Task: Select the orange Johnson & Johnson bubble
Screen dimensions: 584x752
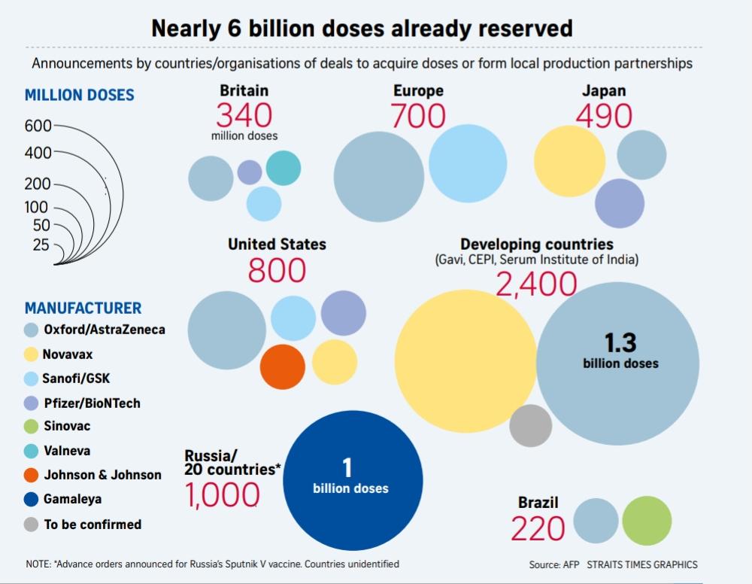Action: click(283, 367)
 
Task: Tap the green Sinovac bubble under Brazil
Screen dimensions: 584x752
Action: click(647, 521)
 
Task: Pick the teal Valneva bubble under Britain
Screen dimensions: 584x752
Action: click(284, 168)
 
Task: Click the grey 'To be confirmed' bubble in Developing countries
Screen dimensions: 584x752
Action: click(531, 426)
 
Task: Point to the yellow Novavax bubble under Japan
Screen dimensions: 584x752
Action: click(569, 161)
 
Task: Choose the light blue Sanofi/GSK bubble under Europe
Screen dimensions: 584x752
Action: click(468, 163)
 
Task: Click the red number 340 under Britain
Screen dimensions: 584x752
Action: click(244, 116)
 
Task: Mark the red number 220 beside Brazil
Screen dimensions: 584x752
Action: click(538, 529)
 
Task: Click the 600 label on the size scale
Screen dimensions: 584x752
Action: click(38, 126)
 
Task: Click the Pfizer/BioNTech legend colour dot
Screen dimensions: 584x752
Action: click(32, 403)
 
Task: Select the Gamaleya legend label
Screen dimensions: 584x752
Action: click(73, 499)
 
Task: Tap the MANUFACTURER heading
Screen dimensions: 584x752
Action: click(83, 308)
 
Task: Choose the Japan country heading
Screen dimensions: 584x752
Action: click(603, 91)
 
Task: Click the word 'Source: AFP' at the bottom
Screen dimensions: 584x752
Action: click(554, 564)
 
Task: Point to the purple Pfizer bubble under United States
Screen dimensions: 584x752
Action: click(344, 313)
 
